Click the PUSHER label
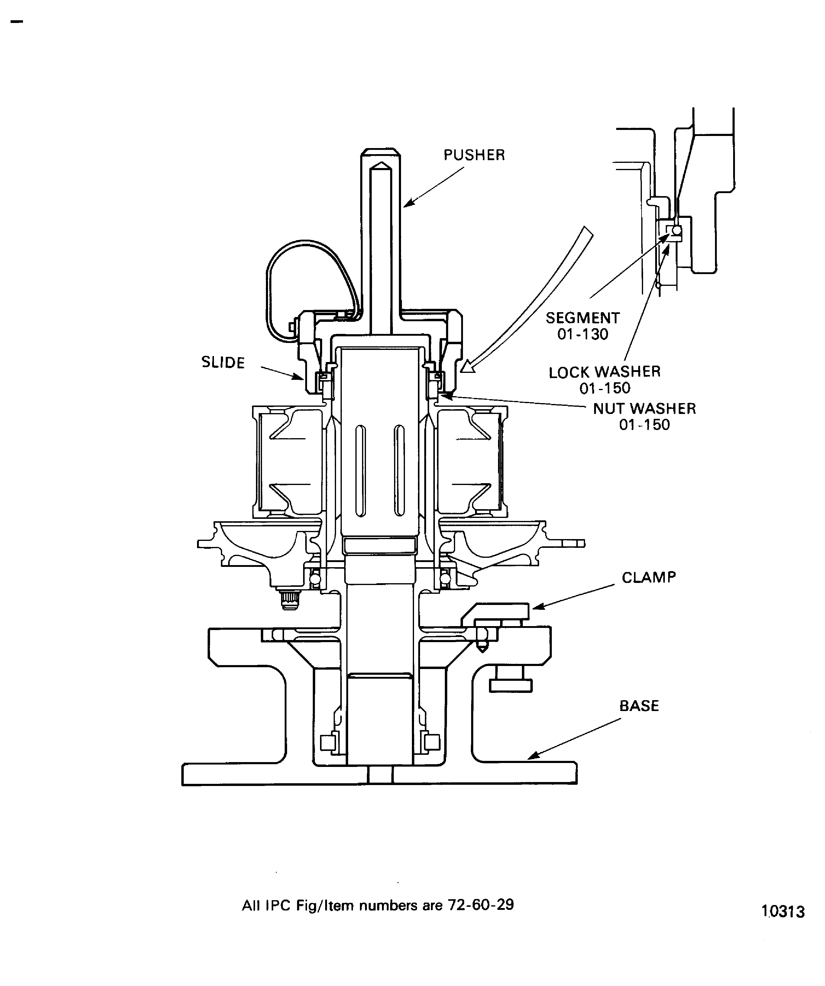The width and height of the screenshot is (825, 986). (474, 155)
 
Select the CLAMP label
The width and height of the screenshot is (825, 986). (649, 577)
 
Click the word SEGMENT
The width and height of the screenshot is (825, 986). (582, 318)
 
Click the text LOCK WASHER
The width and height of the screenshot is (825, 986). (604, 372)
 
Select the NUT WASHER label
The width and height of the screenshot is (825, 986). (644, 409)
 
